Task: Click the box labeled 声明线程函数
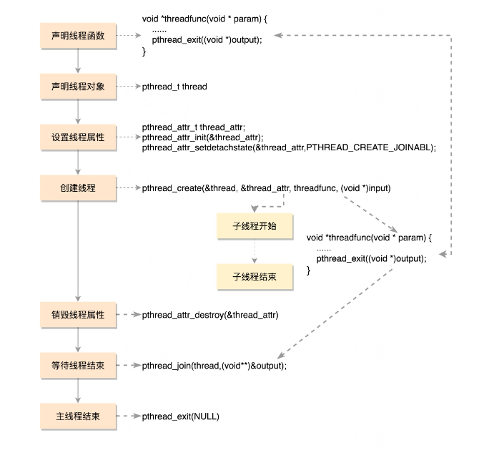(78, 36)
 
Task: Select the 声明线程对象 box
(78, 87)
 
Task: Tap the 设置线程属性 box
(78, 137)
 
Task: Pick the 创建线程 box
(78, 187)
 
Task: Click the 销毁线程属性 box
(78, 315)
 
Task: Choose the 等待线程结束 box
(78, 366)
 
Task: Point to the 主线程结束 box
(78, 417)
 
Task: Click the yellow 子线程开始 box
(255, 226)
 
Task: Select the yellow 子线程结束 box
(255, 277)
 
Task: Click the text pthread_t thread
(174, 87)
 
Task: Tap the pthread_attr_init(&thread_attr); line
(202, 137)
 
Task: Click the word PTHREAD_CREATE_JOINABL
(368, 147)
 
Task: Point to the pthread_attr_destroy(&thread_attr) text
(210, 315)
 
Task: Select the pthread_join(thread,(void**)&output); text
(214, 366)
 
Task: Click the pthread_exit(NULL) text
(181, 417)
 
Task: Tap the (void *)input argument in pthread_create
(365, 188)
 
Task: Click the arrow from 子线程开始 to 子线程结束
(255, 250)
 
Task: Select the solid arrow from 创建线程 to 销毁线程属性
(78, 251)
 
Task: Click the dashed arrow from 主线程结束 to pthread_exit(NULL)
(129, 417)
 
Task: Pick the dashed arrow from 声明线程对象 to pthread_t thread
(129, 87)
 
